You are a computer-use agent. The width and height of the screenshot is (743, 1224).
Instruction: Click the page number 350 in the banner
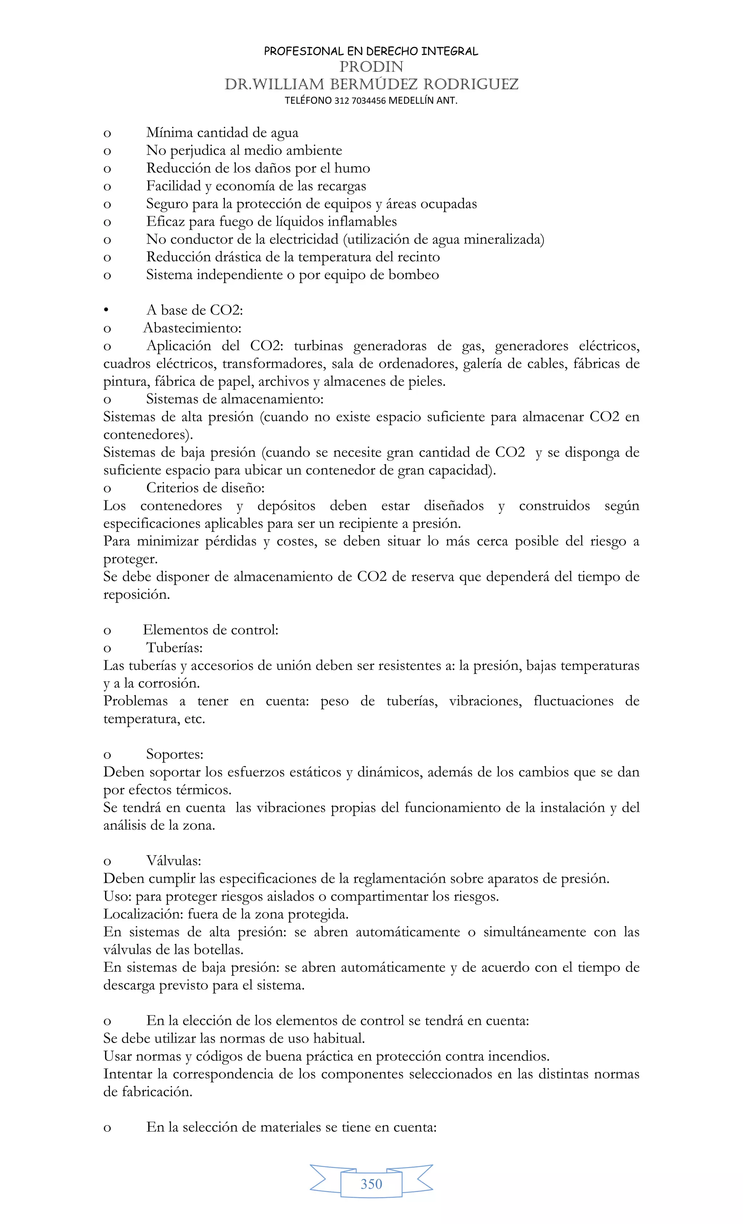point(371,1184)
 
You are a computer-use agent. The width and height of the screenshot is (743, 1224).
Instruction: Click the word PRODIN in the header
point(371,66)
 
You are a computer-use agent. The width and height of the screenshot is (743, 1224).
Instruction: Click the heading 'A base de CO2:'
point(194,310)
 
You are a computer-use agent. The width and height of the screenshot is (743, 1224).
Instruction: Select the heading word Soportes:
point(175,754)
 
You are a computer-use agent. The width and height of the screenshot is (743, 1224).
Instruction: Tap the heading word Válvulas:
point(173,860)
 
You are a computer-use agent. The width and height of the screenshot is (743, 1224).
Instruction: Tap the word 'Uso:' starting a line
point(117,896)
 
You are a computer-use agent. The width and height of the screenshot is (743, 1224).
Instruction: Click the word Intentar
point(128,1074)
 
